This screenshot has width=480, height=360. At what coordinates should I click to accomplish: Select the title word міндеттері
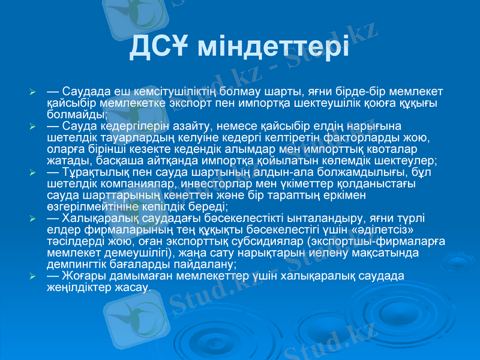(x=274, y=46)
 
